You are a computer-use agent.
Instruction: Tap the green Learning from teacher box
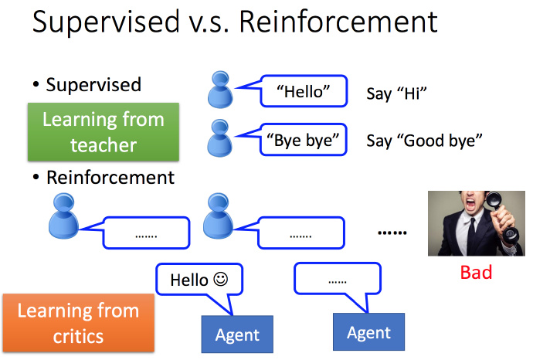[103, 132]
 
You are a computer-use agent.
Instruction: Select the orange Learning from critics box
[77, 323]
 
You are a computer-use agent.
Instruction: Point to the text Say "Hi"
[397, 94]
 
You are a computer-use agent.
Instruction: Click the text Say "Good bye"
[424, 141]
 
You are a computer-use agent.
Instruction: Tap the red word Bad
[476, 273]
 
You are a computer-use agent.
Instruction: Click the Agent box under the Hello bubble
[238, 335]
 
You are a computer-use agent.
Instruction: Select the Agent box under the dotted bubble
[368, 332]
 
